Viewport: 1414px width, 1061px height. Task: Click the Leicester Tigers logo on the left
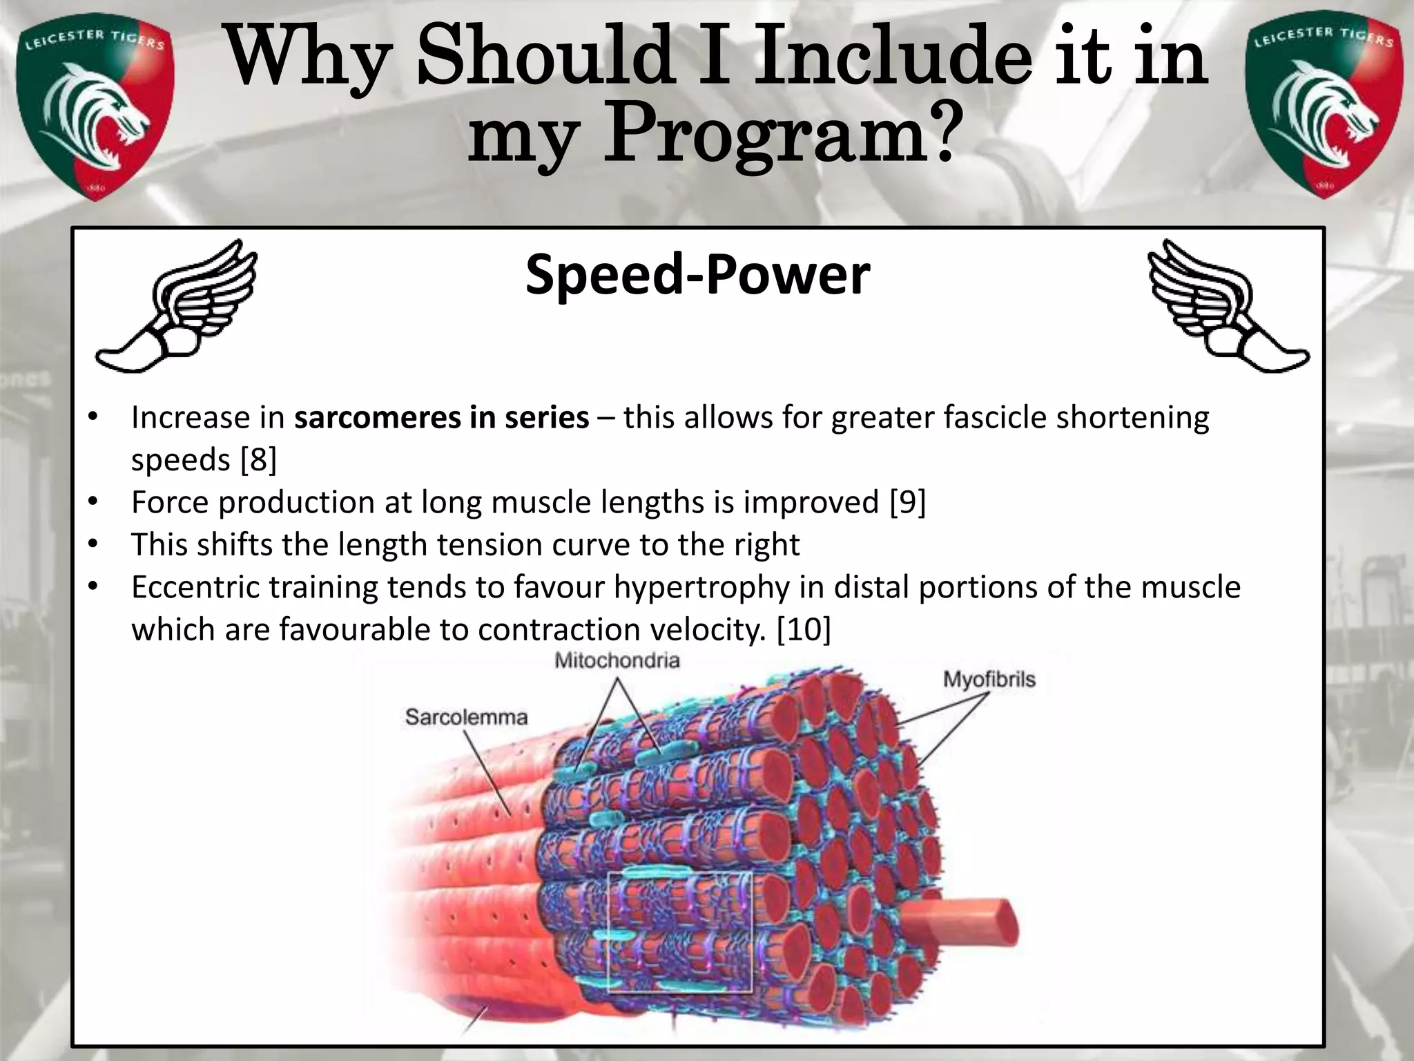(x=95, y=111)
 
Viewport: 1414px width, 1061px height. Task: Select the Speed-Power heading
(x=697, y=275)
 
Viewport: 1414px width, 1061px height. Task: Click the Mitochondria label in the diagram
(x=617, y=661)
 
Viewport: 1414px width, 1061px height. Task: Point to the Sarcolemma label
(x=466, y=717)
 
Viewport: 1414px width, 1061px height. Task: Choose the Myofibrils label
(x=989, y=680)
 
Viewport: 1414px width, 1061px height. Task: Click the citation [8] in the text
(x=258, y=460)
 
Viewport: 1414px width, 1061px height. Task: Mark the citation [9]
(x=907, y=502)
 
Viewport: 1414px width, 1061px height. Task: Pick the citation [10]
(x=804, y=629)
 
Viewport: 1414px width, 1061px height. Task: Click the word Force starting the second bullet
(x=170, y=502)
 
